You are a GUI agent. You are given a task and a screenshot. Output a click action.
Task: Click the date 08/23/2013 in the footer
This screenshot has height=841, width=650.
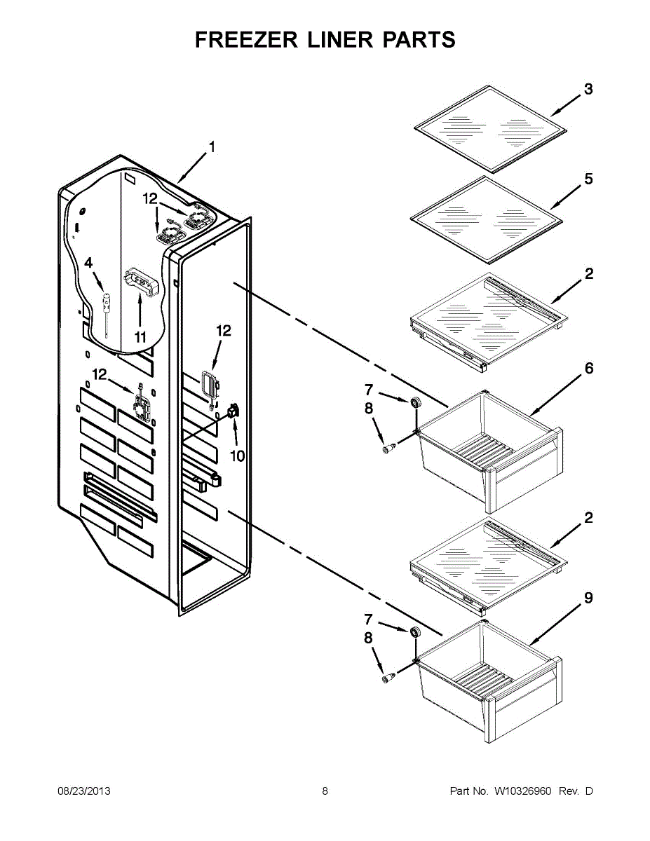[x=83, y=791]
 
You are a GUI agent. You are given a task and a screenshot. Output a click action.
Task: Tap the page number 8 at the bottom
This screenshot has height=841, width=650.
[x=325, y=791]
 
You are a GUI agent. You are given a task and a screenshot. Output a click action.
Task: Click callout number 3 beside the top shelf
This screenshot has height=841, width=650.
[x=588, y=89]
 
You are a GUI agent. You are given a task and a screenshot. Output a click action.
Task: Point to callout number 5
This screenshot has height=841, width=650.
[x=588, y=179]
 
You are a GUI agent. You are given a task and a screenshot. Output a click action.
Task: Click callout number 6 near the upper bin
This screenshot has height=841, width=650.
[x=588, y=368]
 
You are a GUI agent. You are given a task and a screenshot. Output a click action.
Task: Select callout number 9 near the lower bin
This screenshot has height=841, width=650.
[x=588, y=598]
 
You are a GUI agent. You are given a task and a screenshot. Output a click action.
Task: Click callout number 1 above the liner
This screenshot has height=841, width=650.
[x=211, y=147]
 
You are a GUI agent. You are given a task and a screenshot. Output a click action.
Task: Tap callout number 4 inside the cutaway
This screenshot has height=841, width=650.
[x=88, y=263]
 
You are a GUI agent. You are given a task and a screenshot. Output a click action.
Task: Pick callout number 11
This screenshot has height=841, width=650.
[x=140, y=337]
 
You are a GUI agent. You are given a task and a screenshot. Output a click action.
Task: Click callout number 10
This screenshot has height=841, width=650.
[x=237, y=456]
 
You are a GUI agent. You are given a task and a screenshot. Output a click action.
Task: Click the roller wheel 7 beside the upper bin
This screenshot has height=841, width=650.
[x=414, y=402]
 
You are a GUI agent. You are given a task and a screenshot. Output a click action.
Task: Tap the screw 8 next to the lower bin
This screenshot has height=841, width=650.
[x=387, y=678]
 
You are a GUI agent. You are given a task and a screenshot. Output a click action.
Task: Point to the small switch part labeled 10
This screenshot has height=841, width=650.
[x=233, y=411]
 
